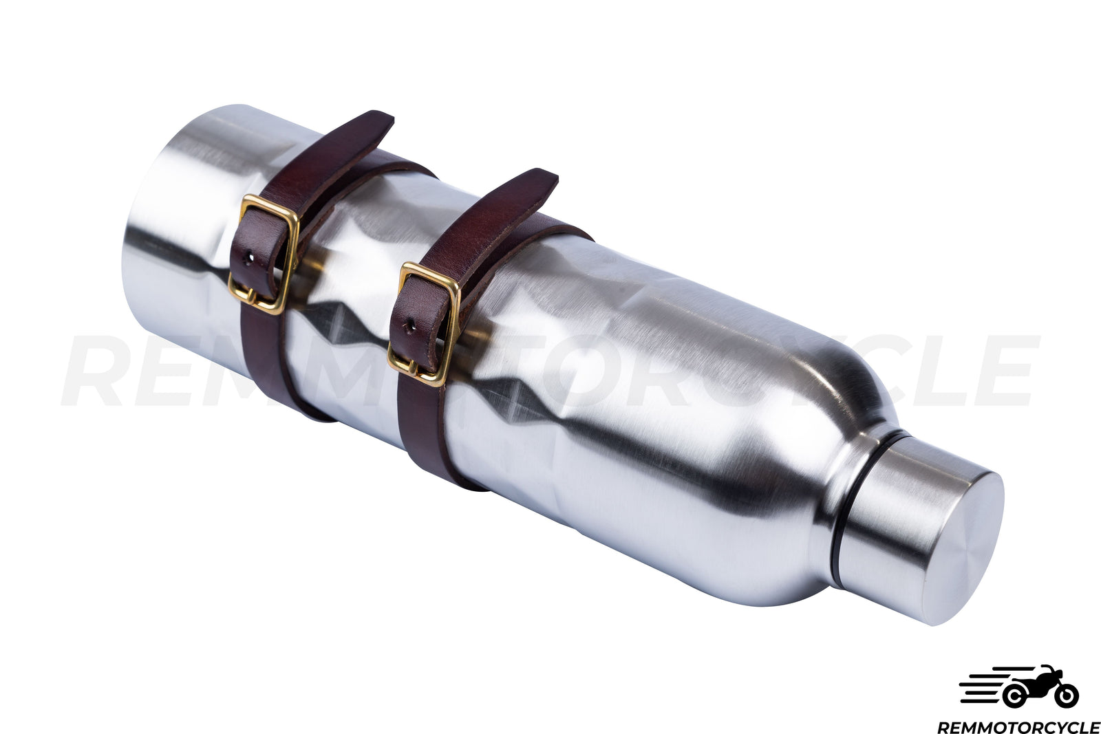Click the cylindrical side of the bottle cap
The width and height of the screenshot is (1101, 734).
click(888, 523)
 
